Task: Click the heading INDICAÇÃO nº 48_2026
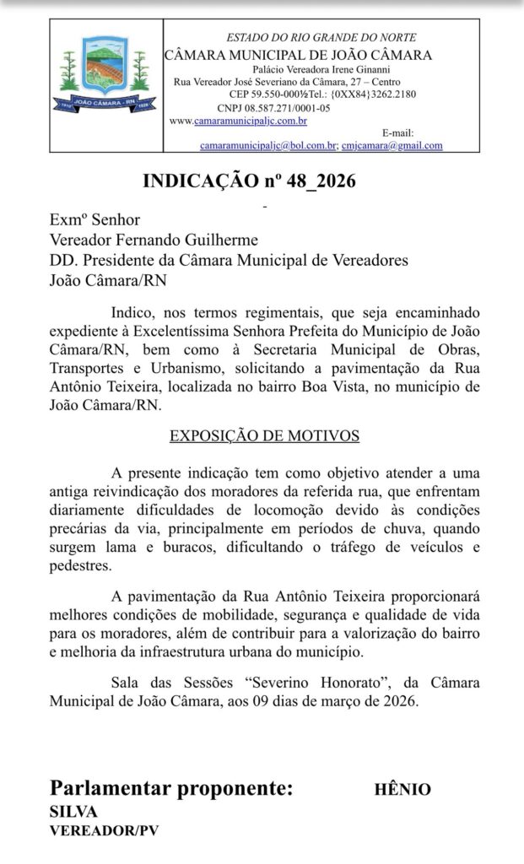[249, 181]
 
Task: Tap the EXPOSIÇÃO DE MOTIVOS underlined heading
[265, 435]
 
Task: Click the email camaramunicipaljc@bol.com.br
[267, 145]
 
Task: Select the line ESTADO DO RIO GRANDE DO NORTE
[321, 38]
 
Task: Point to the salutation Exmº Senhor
[95, 220]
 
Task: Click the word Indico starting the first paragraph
[133, 310]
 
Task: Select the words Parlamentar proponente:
[172, 789]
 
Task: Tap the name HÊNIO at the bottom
[402, 790]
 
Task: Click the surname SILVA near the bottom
[73, 812]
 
